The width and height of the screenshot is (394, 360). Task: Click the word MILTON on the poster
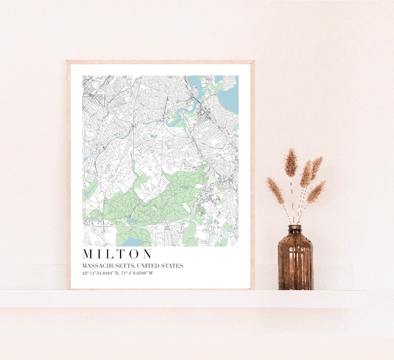click(118, 254)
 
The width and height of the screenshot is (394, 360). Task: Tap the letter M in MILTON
click(88, 254)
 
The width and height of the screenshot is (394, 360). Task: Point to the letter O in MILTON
click(135, 254)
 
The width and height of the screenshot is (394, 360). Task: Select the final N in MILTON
click(147, 254)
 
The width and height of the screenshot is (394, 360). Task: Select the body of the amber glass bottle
click(295, 263)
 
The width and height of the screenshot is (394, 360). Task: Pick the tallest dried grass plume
click(291, 162)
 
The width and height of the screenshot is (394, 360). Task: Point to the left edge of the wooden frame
click(68, 174)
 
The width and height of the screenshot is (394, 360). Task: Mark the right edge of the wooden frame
click(253, 174)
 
